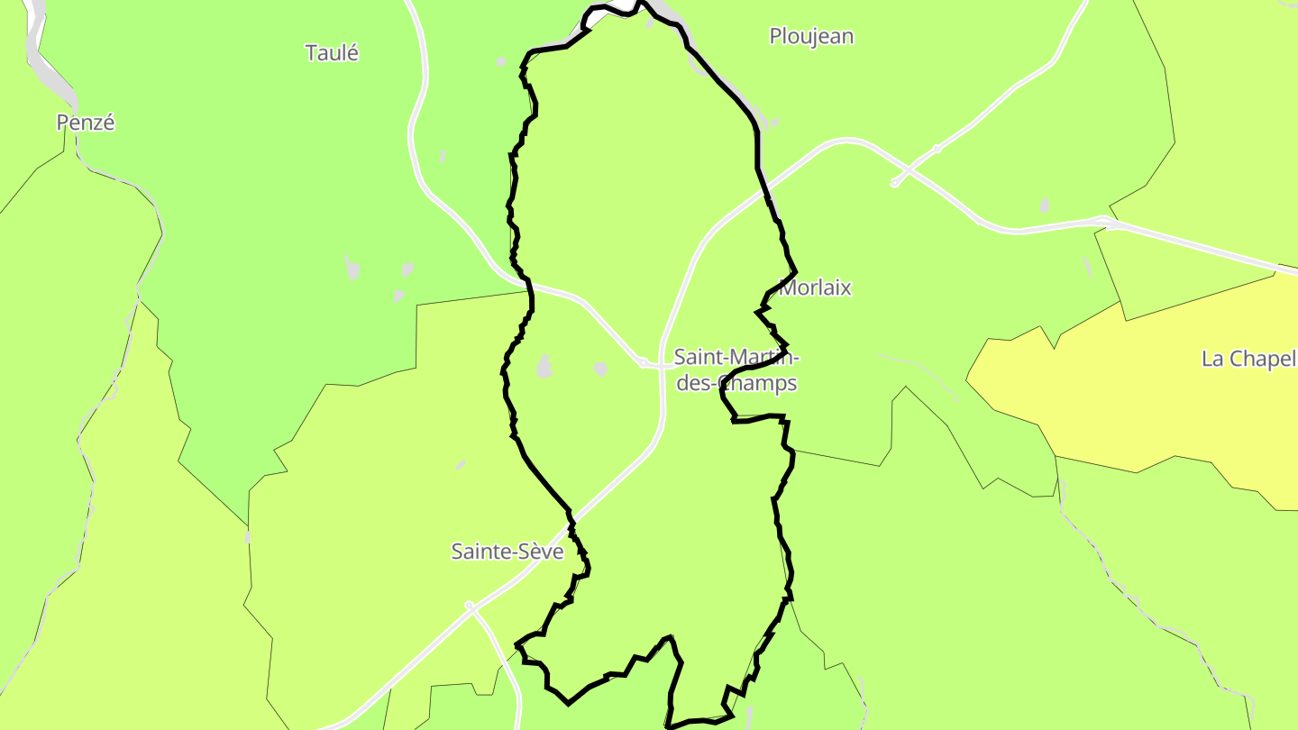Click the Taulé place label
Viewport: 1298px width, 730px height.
pos(332,53)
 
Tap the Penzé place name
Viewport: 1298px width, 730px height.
pos(86,123)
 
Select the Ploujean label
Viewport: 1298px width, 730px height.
pos(811,37)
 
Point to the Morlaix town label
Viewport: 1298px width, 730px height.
pos(816,288)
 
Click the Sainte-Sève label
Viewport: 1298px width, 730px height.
pos(507,552)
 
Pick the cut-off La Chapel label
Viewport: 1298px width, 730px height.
pos(1249,359)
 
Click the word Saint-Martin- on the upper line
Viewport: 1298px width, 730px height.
pos(736,358)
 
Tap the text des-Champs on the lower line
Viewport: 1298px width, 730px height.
pos(736,383)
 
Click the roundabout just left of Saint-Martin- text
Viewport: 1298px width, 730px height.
pos(643,361)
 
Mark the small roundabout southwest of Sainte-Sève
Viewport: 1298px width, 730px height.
pos(469,606)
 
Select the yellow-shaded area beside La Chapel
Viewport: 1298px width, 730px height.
pos(1127,397)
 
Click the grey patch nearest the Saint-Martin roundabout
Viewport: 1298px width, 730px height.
pos(600,368)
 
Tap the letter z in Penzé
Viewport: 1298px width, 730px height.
pos(96,123)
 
